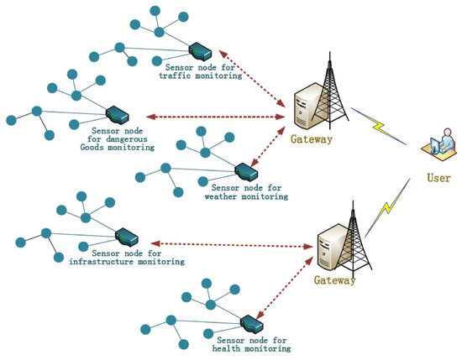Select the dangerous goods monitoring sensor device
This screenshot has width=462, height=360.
[x=118, y=113]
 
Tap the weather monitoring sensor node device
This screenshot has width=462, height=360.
[x=244, y=170]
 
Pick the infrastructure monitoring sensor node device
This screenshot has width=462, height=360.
[x=127, y=234]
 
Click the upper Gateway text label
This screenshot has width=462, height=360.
[x=312, y=140]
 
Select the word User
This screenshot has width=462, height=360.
[x=438, y=178]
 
